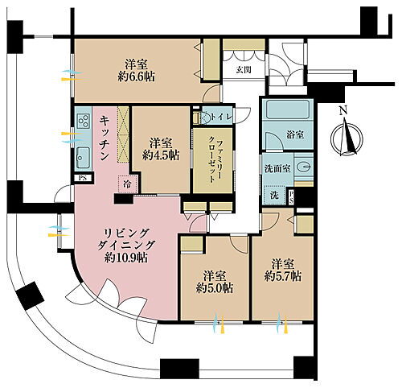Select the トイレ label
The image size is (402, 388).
(220, 118)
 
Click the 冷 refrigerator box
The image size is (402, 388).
(127, 183)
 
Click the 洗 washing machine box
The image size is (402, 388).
(274, 196)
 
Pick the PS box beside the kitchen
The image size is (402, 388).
(81, 178)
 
